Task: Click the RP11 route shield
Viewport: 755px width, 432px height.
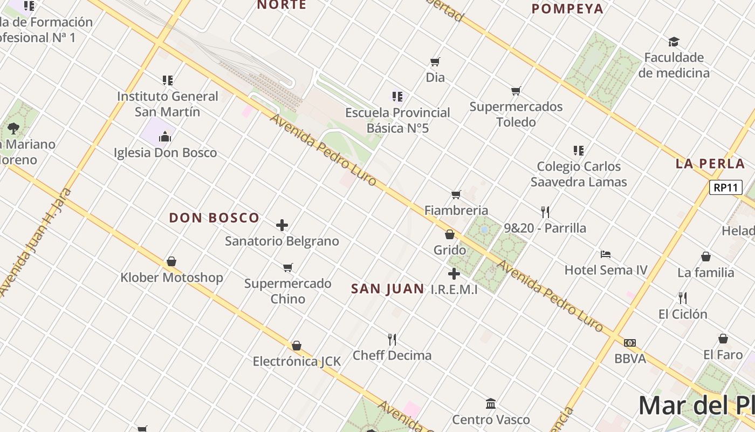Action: (x=725, y=188)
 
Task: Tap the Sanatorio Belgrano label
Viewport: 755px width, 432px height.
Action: (x=282, y=241)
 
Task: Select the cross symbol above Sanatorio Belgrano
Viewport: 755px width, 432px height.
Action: (x=282, y=225)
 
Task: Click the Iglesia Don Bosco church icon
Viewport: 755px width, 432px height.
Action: (x=165, y=137)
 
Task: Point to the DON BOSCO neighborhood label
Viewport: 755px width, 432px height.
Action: (x=214, y=218)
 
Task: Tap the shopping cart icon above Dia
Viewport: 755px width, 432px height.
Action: (x=435, y=62)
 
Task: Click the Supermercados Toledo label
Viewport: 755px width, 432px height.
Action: (x=516, y=114)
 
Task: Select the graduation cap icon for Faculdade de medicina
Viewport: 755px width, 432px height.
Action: (x=674, y=42)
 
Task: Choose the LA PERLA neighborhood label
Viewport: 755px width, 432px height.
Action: (x=710, y=164)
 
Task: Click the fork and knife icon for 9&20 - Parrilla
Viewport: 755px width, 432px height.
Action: (x=545, y=212)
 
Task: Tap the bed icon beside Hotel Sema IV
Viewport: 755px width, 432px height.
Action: (x=606, y=254)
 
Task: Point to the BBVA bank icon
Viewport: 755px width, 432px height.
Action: (x=629, y=343)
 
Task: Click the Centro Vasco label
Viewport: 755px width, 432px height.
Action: (x=491, y=420)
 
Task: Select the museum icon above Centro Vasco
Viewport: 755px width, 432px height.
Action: (x=491, y=403)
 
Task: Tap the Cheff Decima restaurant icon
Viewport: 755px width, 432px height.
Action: (x=392, y=340)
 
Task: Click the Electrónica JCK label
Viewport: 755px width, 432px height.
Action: (x=297, y=361)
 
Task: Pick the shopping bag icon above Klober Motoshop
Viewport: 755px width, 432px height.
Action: (x=171, y=262)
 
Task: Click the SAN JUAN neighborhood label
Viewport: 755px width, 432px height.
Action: (x=387, y=289)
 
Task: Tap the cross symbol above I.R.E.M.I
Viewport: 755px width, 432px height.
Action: (x=454, y=274)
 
